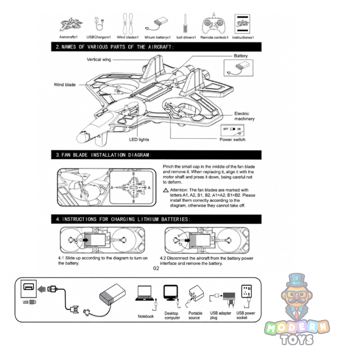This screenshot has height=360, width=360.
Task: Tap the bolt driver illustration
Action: coord(185,24)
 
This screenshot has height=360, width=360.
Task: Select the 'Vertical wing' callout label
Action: coord(99,60)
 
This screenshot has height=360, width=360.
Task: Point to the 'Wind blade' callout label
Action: coord(65,85)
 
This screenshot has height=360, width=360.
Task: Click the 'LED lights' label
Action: coord(139,140)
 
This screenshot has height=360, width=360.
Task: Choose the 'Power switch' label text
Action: coord(232,140)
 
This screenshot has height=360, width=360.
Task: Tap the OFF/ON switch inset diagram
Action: coord(232,130)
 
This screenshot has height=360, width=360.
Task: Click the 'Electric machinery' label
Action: coord(244,116)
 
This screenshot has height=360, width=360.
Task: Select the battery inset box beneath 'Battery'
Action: coord(238,68)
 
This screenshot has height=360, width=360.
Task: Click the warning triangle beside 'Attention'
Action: coord(166,190)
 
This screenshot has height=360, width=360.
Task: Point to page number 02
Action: coord(156,268)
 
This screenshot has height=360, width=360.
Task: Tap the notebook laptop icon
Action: coord(144,293)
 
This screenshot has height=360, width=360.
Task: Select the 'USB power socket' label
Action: coord(246,316)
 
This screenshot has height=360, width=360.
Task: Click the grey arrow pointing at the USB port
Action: coord(42,289)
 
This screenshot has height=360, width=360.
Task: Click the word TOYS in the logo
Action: coord(297,339)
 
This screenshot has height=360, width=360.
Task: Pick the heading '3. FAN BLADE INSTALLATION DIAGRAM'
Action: coord(103,155)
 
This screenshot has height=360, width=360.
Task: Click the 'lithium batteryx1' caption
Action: coord(157,37)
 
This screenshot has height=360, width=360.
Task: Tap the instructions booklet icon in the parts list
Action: coord(242,24)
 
